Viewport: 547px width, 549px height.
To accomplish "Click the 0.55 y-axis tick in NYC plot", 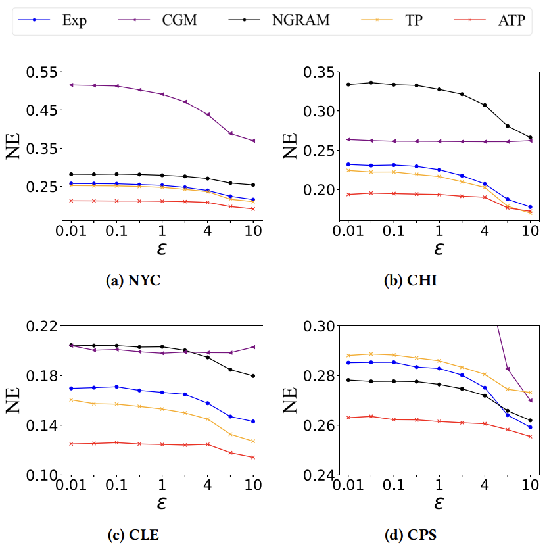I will coord(41,72).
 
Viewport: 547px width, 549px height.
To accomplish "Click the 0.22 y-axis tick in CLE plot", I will coord(41,326).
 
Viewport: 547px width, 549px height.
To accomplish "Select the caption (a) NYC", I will coord(133,281).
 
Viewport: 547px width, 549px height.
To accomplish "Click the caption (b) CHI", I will coord(410,281).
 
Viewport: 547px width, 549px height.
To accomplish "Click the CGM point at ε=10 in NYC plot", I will coord(253,141).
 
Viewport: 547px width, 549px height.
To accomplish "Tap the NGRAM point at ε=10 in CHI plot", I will coord(531,138).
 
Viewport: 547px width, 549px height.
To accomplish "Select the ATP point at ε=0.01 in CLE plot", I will coord(71,444).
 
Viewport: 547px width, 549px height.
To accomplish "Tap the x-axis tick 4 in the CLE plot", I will coord(208,487).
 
